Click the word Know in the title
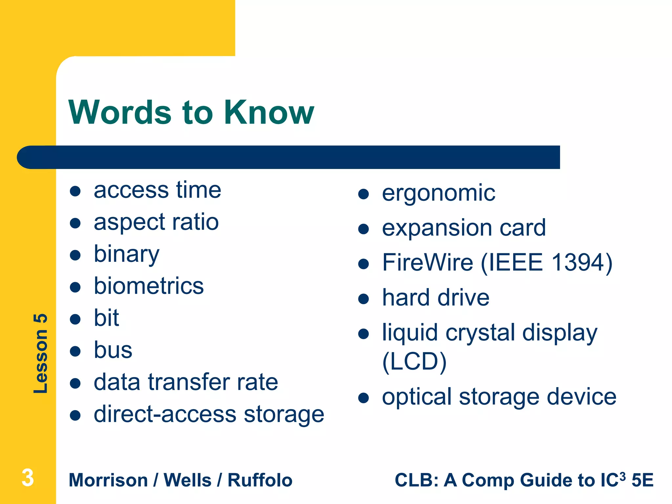(269, 113)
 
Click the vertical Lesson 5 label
(41, 353)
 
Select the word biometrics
(149, 286)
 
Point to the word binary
(126, 254)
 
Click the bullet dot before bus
(75, 351)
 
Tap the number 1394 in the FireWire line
(578, 262)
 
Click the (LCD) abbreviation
(414, 362)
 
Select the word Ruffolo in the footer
(260, 480)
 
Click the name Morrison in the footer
(108, 480)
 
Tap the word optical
(417, 397)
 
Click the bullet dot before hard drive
(364, 299)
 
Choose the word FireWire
(428, 262)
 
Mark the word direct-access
(165, 414)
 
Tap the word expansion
(437, 228)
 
